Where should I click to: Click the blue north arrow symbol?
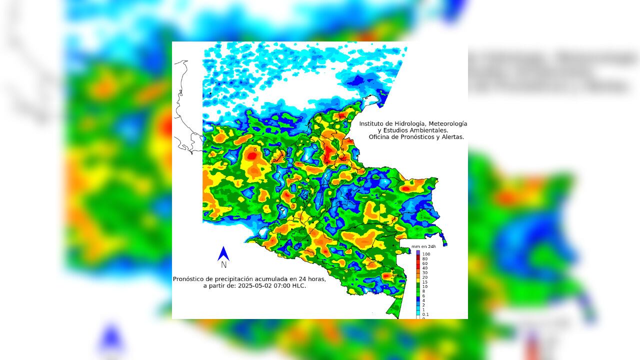(223, 253)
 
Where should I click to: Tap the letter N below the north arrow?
(223, 265)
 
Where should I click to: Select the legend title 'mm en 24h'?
(423, 246)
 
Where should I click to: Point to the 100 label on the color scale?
(426, 254)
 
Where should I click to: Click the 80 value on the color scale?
(425, 259)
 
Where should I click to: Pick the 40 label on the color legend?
(425, 268)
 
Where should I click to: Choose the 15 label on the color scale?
(425, 282)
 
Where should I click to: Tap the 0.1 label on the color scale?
(425, 314)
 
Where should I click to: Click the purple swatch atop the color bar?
(418, 252)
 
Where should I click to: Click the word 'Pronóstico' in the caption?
(189, 279)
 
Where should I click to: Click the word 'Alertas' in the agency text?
(452, 137)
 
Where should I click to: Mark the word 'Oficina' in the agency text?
(379, 137)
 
